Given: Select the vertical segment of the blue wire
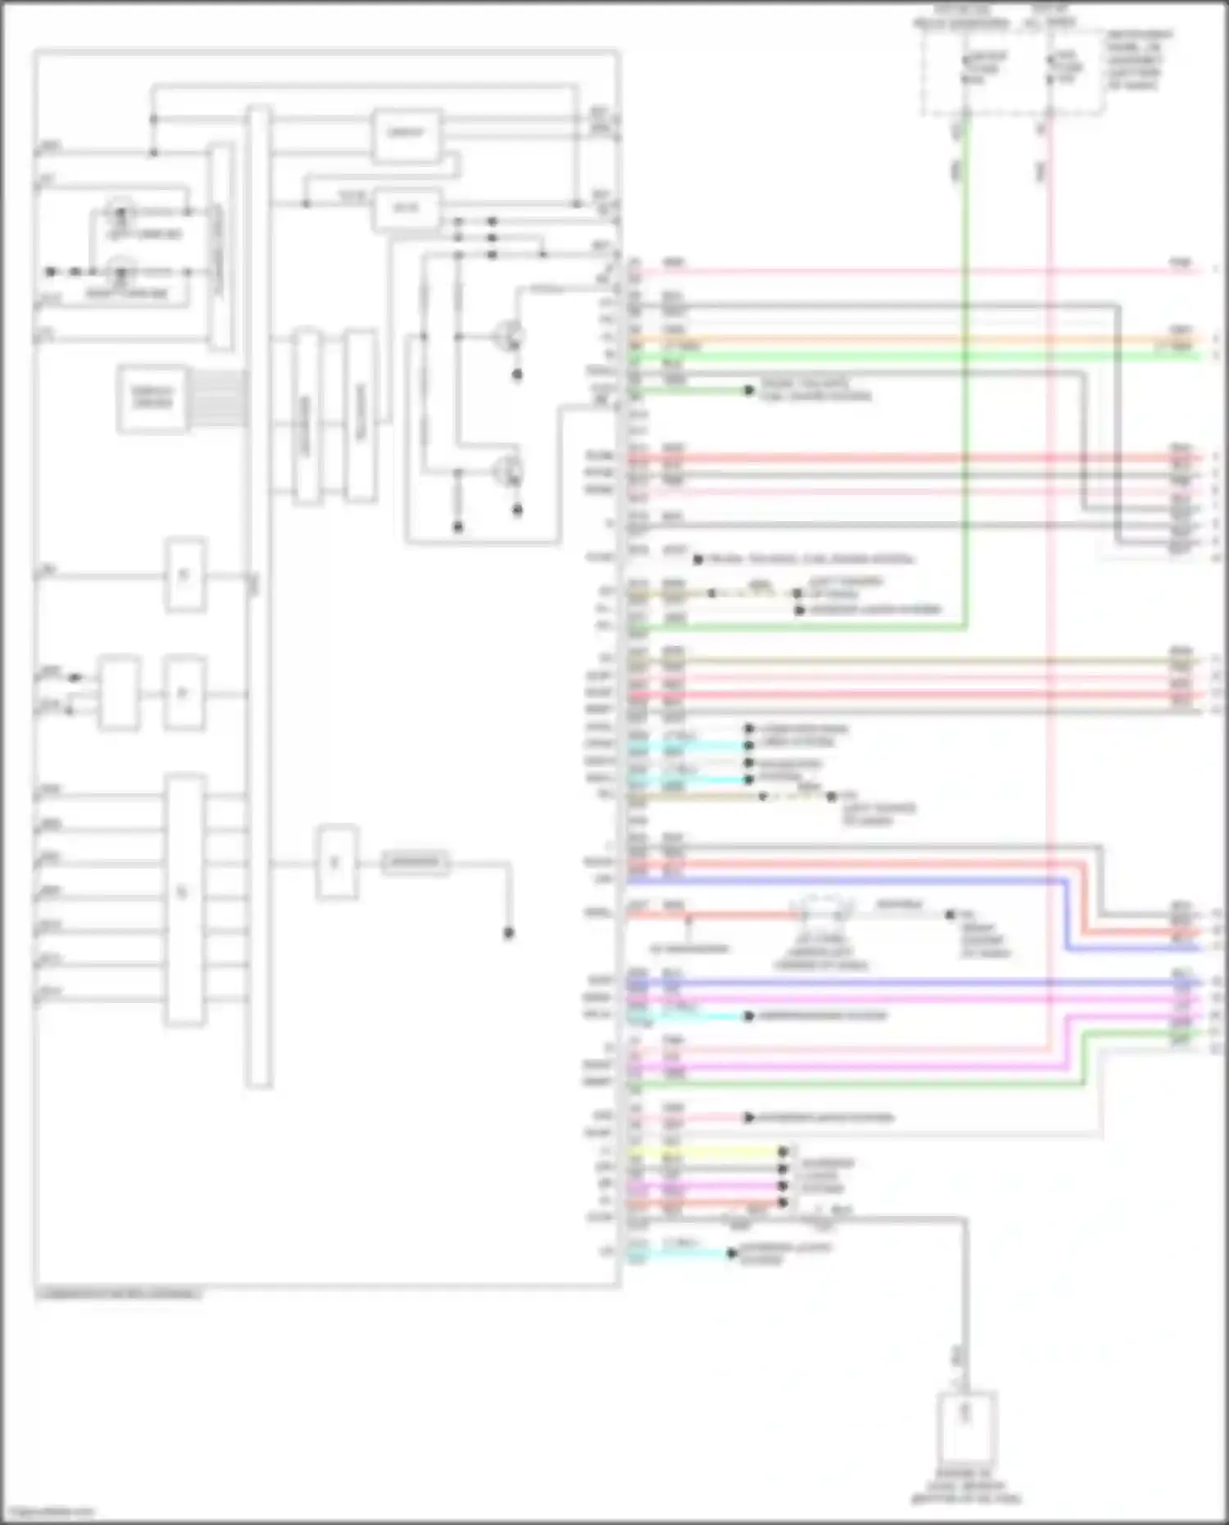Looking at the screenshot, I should click(x=1066, y=915).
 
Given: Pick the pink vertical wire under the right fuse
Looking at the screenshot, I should click(x=1050, y=574).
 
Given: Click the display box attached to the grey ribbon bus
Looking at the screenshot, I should click(x=152, y=398).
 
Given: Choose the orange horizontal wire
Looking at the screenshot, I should click(x=901, y=339).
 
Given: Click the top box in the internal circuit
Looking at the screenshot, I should click(x=406, y=134).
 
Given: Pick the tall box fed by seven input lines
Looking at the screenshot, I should click(x=184, y=897).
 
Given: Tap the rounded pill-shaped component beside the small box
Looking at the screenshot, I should click(x=415, y=862).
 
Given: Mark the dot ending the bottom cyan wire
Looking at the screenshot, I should click(x=732, y=1253).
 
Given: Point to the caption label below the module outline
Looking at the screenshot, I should click(x=120, y=1294).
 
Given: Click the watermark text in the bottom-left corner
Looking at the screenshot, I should click(x=49, y=1511).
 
